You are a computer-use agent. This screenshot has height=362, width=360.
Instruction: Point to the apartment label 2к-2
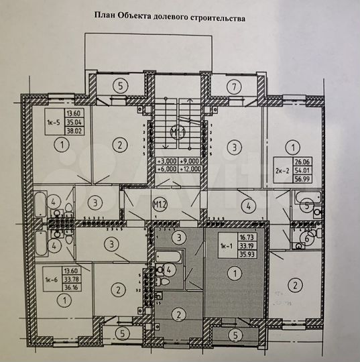pos(283,170)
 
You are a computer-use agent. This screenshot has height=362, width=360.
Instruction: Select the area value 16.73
pos(244,237)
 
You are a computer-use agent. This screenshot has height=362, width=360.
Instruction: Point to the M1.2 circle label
pos(160,203)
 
